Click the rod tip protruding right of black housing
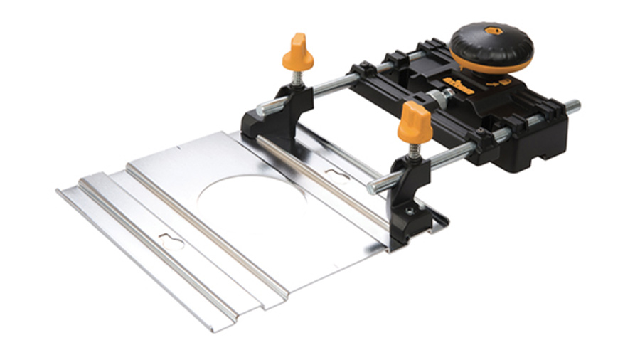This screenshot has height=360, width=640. click(x=573, y=107)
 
